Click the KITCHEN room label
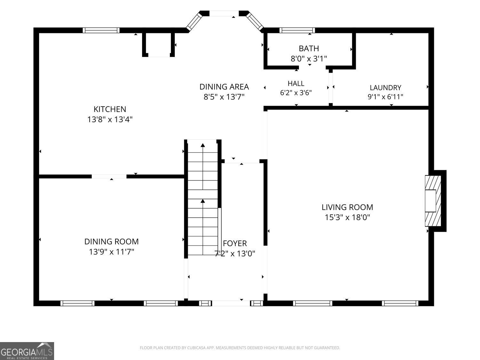click(x=110, y=109)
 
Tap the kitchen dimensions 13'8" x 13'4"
click(x=110, y=119)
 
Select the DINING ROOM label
click(x=112, y=242)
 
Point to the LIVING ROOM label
click(x=347, y=207)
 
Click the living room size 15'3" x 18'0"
click(x=347, y=217)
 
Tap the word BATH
click(x=309, y=48)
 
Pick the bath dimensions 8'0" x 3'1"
click(x=309, y=59)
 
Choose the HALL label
click(x=296, y=83)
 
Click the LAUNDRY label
click(x=385, y=88)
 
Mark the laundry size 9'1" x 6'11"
click(x=385, y=97)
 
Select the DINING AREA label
click(x=224, y=87)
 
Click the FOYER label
click(x=235, y=243)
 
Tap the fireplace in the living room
click(x=433, y=201)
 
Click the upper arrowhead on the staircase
click(x=203, y=145)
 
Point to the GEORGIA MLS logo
click(x=27, y=351)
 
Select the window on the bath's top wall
click(x=297, y=30)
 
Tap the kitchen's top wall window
click(x=101, y=30)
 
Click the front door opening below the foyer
click(x=231, y=303)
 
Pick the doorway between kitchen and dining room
click(x=109, y=176)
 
